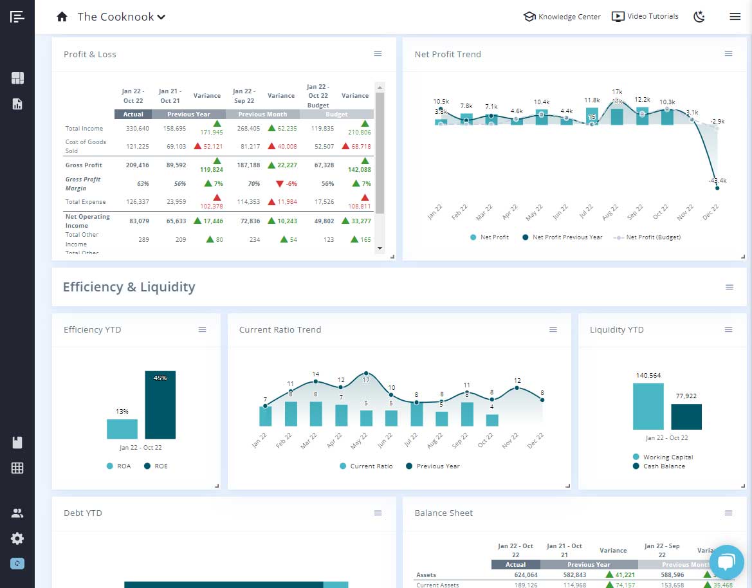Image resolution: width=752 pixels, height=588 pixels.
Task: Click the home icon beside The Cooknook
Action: click(62, 17)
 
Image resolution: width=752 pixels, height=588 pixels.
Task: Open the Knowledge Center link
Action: click(562, 17)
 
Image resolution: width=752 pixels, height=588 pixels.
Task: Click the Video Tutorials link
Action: click(645, 17)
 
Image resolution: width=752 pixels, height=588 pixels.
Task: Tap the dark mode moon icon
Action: click(699, 17)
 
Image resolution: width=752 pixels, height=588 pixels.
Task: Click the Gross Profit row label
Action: click(84, 165)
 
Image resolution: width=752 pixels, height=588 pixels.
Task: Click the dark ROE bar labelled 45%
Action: click(160, 405)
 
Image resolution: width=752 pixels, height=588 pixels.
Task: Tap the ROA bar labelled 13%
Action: click(122, 429)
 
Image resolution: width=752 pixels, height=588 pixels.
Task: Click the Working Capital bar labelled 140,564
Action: click(648, 407)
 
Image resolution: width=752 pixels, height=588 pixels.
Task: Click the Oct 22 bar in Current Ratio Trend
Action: click(492, 420)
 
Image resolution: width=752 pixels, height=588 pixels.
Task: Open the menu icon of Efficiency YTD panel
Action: click(202, 329)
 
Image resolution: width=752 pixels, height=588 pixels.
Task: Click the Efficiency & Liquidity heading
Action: click(129, 287)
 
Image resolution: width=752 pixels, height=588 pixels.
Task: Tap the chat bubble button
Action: click(726, 562)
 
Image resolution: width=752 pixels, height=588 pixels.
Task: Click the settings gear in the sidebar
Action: click(17, 538)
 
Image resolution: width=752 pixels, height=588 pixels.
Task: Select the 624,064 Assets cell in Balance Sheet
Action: click(515, 575)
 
